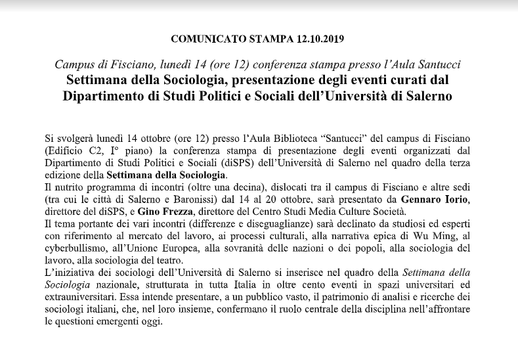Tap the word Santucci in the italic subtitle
(441, 65)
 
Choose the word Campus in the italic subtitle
(74, 65)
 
